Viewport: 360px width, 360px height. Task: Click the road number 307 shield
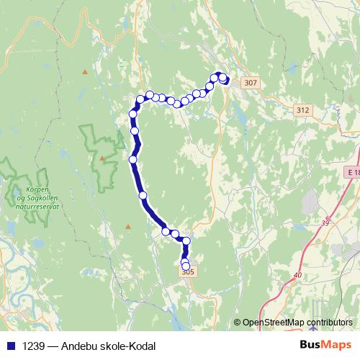[250, 84]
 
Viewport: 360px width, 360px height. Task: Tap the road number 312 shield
[302, 110]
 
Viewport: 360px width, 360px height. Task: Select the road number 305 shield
[188, 271]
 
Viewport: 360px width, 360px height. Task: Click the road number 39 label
[325, 224]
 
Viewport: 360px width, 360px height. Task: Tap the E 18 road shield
[351, 174]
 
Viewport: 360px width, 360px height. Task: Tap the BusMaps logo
[325, 346]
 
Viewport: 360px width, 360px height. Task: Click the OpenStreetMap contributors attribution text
[297, 323]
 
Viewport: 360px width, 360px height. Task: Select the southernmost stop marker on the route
[186, 266]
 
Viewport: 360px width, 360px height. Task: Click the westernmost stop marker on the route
[132, 159]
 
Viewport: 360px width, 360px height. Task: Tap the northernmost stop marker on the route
[216, 75]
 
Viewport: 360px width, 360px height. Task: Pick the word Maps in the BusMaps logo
[336, 346]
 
